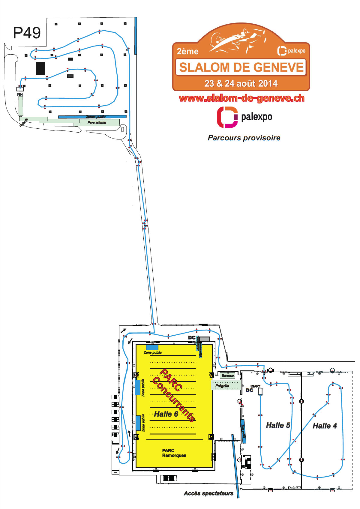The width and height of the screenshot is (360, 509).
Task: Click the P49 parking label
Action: click(27, 33)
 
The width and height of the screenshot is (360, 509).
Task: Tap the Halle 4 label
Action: click(325, 426)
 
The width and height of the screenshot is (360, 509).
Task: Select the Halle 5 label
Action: click(278, 425)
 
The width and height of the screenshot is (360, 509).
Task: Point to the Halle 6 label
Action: click(166, 414)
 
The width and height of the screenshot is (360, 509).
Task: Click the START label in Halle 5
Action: click(255, 386)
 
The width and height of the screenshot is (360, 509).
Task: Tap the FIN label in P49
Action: click(20, 94)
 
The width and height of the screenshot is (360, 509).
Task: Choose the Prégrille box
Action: click(226, 385)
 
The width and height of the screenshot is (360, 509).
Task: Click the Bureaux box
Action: click(228, 376)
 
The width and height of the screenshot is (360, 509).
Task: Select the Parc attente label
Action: click(97, 123)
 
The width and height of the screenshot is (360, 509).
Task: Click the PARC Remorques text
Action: click(174, 453)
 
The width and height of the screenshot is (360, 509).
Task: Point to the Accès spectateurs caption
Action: click(208, 493)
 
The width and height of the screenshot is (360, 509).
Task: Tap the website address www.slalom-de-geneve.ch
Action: click(241, 98)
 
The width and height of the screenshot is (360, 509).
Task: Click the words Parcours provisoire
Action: click(244, 138)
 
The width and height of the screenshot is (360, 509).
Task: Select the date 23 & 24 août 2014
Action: click(241, 83)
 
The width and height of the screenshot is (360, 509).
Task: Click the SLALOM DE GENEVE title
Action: click(241, 67)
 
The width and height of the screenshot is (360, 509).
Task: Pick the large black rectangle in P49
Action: click(40, 68)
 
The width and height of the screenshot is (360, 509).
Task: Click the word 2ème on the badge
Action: click(187, 52)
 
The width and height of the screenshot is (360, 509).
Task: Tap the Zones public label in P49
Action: click(96, 117)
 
